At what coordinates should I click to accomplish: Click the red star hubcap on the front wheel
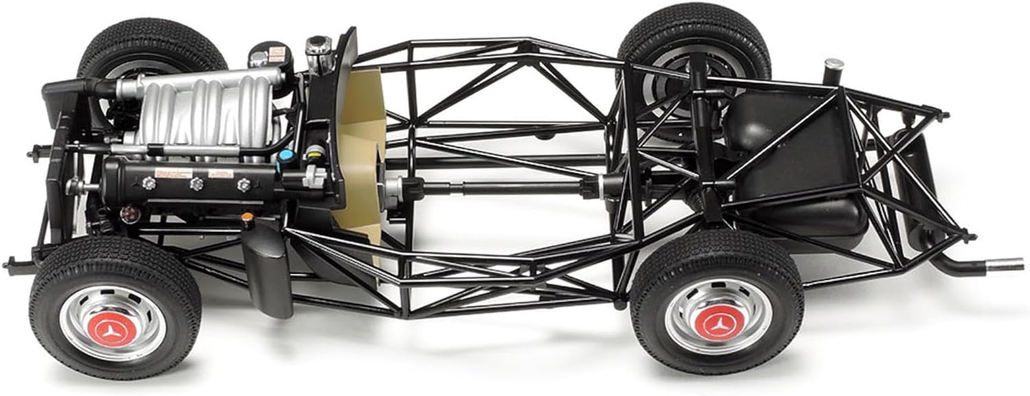(x=110, y=331)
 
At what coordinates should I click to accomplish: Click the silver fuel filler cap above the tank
(x=834, y=67)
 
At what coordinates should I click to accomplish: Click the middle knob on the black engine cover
(x=197, y=183)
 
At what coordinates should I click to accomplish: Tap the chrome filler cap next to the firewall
(x=319, y=48)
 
